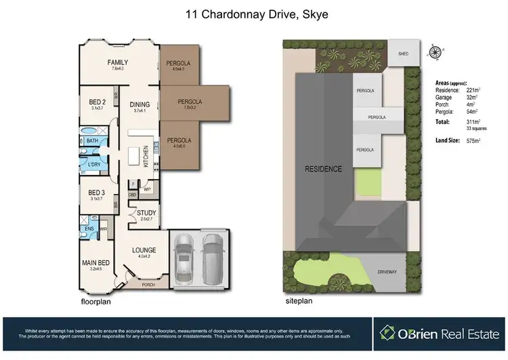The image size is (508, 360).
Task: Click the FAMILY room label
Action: tap(118, 62)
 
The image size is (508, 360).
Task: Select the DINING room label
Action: tap(141, 105)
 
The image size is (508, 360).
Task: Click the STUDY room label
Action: tap(146, 213)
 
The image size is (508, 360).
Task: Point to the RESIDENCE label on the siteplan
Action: tap(322, 168)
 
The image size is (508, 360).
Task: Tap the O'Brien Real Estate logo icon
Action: tap(387, 333)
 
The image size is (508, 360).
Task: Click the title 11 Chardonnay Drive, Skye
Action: tap(253, 14)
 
